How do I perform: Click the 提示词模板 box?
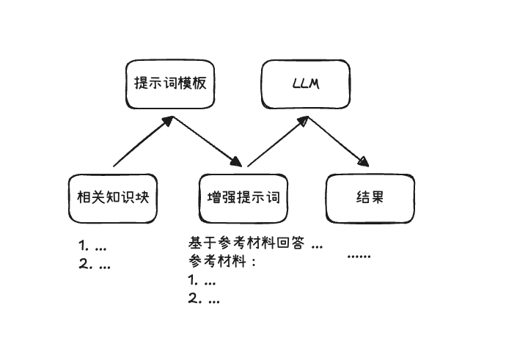(170, 84)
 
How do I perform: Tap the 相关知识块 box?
(113, 198)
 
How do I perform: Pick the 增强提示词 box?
(243, 198)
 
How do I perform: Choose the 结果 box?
(370, 198)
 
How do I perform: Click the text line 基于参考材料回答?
(254, 243)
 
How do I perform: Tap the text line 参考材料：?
(221, 261)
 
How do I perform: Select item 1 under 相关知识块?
(93, 246)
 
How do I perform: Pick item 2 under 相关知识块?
(95, 265)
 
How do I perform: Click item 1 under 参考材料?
(202, 280)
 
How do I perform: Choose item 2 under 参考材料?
(203, 298)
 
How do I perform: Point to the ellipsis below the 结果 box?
(359, 255)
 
